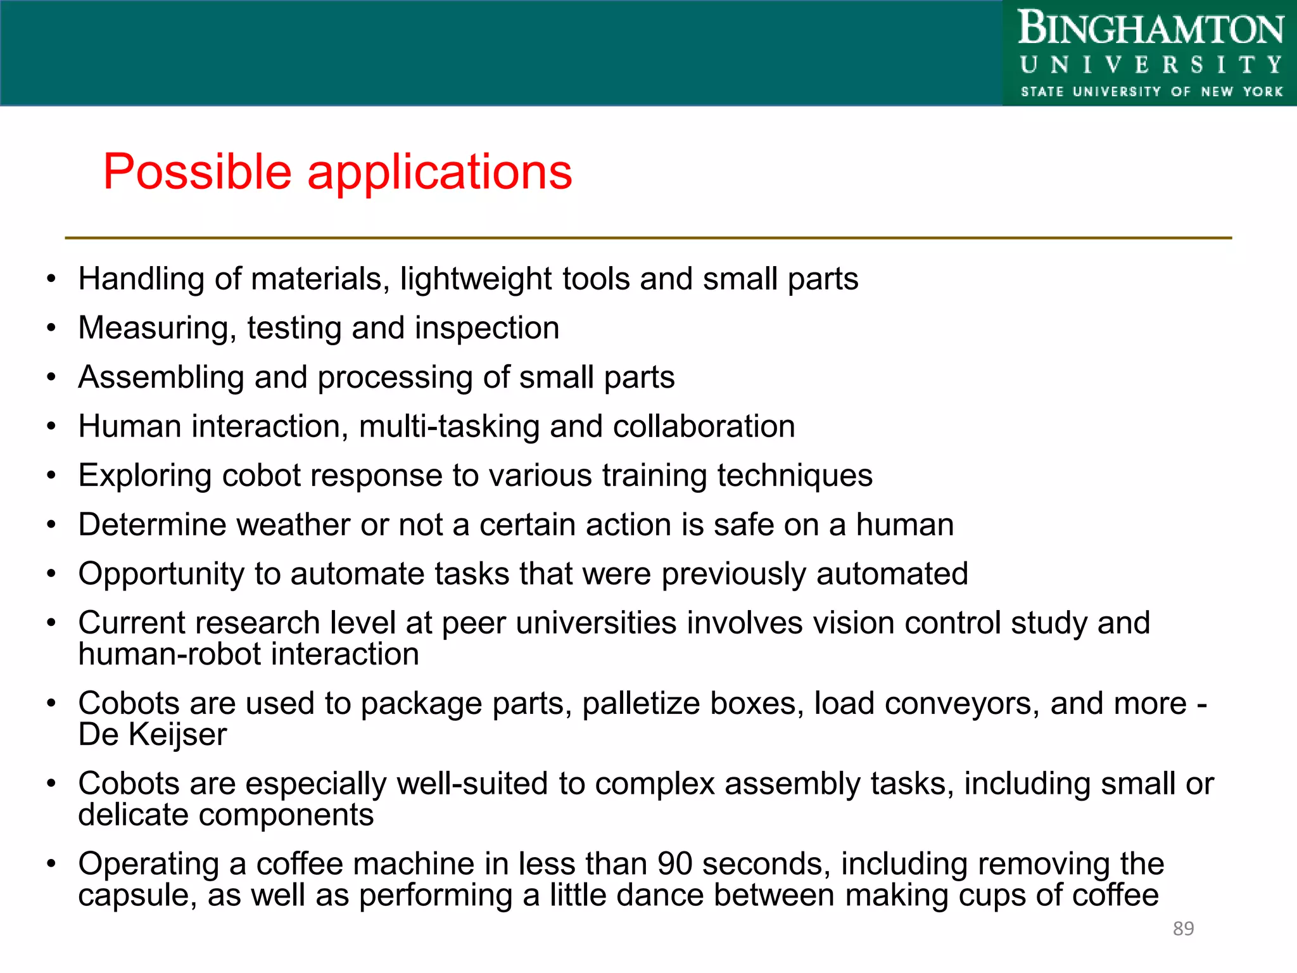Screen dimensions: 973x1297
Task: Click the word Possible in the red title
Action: (197, 172)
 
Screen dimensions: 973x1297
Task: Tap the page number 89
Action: (1183, 929)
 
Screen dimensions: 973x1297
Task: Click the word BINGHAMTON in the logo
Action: (1151, 29)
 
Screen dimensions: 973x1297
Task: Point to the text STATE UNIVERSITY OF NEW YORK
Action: (1151, 91)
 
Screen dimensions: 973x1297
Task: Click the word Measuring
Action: (156, 328)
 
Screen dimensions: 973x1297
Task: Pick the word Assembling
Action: (161, 378)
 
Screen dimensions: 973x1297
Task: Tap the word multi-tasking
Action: (449, 426)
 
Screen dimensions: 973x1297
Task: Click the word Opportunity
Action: (161, 574)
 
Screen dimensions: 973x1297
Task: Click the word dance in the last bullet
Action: (655, 896)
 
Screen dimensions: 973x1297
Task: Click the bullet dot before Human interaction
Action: (51, 426)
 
